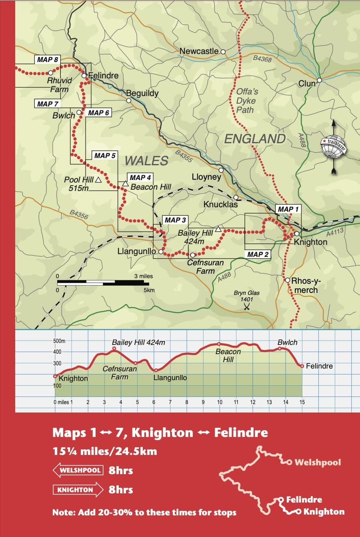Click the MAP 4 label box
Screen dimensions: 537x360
[x=140, y=177]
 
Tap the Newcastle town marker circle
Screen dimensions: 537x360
[x=223, y=52]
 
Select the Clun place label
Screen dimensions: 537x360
[x=307, y=84]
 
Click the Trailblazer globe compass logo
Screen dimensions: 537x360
[x=334, y=146]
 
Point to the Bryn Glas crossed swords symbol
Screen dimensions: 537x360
[x=247, y=307]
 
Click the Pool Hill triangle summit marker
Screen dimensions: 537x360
[x=98, y=180]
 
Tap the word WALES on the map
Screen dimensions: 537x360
[x=146, y=161]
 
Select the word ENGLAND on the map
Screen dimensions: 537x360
[x=255, y=139]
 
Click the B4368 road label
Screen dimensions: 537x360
[x=262, y=59]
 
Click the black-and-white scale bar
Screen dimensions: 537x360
[x=103, y=283]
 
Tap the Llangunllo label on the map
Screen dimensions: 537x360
[x=136, y=251]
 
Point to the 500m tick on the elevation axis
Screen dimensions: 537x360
[x=59, y=341]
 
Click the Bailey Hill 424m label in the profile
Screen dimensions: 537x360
[x=138, y=343]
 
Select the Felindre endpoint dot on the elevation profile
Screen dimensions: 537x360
[x=302, y=366]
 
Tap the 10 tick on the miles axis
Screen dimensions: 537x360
[x=220, y=402]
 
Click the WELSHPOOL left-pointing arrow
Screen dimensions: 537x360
[x=78, y=470]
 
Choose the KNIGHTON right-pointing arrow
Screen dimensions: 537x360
[x=78, y=490]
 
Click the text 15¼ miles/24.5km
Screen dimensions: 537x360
[x=105, y=451]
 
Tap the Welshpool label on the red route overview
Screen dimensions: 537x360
[x=318, y=463]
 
